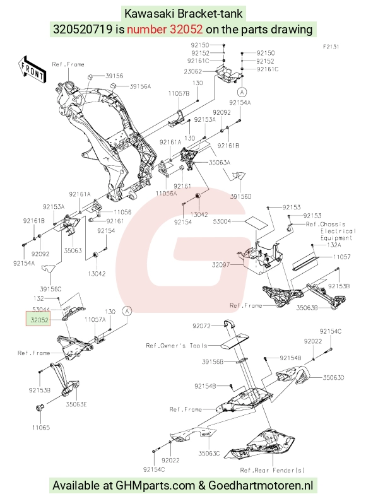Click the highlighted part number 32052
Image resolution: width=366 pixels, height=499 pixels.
39,320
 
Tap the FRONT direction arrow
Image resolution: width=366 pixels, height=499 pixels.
32,70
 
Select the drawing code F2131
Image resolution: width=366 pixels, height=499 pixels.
331,47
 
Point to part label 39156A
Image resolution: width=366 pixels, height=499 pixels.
140,86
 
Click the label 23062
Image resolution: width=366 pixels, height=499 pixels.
192,71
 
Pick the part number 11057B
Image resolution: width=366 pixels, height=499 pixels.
179,93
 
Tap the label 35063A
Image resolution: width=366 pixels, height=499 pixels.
219,162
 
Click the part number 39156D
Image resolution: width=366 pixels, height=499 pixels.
240,196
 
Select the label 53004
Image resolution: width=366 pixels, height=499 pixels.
222,221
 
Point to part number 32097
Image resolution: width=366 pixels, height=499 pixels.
221,264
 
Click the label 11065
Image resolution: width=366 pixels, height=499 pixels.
41,427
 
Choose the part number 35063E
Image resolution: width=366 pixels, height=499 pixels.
76,404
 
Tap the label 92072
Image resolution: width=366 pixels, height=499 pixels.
201,326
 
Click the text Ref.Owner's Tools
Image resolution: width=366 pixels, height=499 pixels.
177,345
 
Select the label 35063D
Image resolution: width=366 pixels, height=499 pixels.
334,377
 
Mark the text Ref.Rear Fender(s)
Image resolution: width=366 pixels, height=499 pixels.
273,470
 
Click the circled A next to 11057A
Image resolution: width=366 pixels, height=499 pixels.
127,310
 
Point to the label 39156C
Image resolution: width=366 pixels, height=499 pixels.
50,289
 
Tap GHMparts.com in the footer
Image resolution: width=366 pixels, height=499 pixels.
155,486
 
